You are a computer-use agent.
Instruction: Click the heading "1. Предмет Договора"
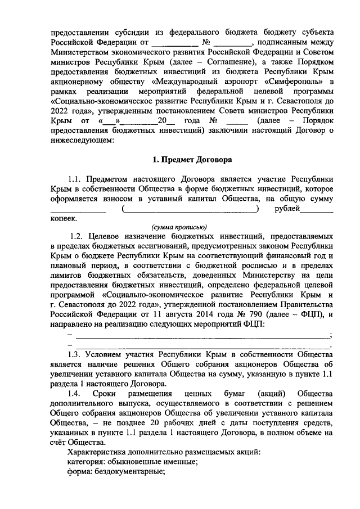tap(192, 159)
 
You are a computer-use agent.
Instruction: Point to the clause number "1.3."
tap(76, 355)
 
